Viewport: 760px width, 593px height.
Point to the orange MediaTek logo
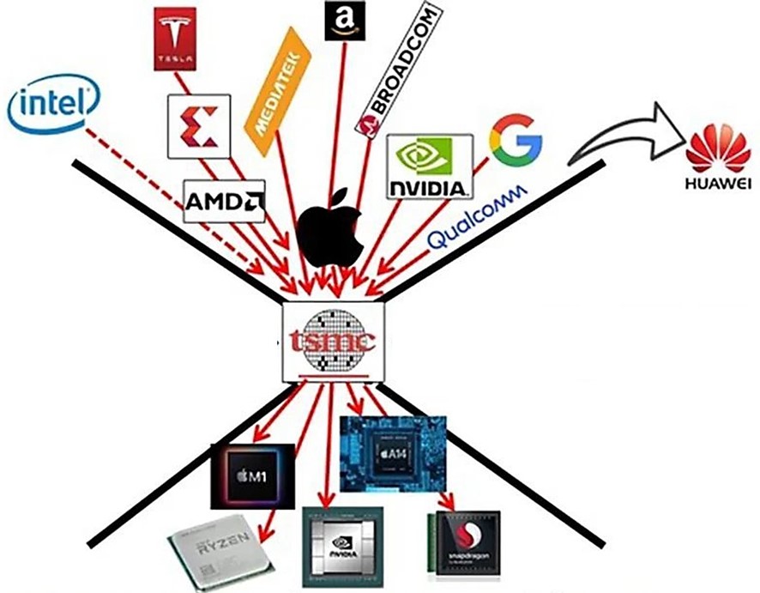click(x=276, y=83)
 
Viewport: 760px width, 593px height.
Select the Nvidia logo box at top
click(x=429, y=166)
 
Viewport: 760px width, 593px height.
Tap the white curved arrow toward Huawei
click(x=615, y=135)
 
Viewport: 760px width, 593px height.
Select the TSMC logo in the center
click(x=334, y=342)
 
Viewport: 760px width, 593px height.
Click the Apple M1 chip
click(x=253, y=476)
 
